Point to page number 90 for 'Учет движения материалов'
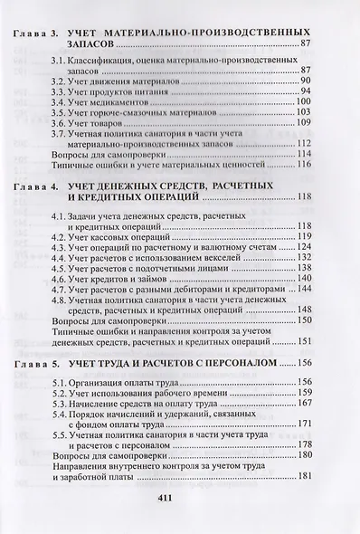coord(306,81)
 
